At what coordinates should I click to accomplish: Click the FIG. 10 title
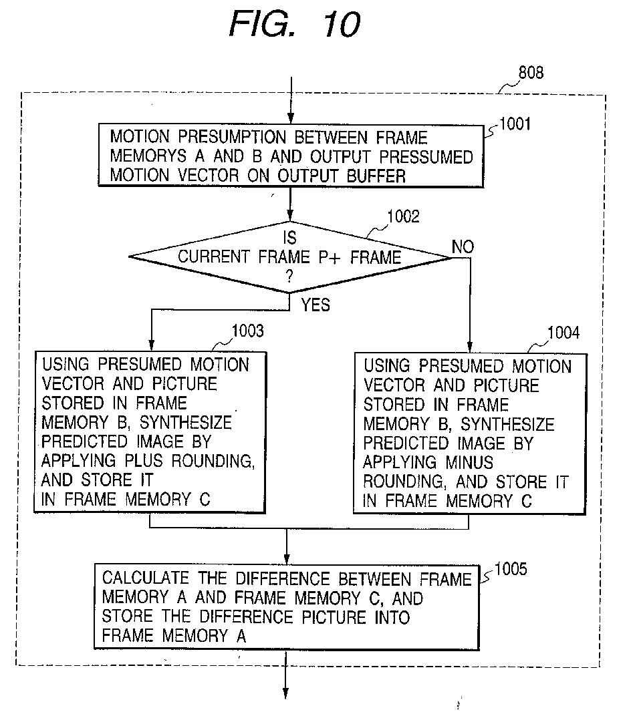pos(295,25)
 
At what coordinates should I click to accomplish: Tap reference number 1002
pos(403,216)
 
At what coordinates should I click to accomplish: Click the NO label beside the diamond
pos(463,247)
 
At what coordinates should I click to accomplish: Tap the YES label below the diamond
pos(315,305)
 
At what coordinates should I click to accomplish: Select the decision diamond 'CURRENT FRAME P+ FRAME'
pos(289,256)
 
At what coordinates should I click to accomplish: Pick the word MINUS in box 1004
pos(465,462)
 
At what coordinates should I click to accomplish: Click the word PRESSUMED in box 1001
pos(426,158)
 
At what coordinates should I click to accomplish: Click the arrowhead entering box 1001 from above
pos(289,117)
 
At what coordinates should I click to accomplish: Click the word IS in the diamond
pos(289,238)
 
